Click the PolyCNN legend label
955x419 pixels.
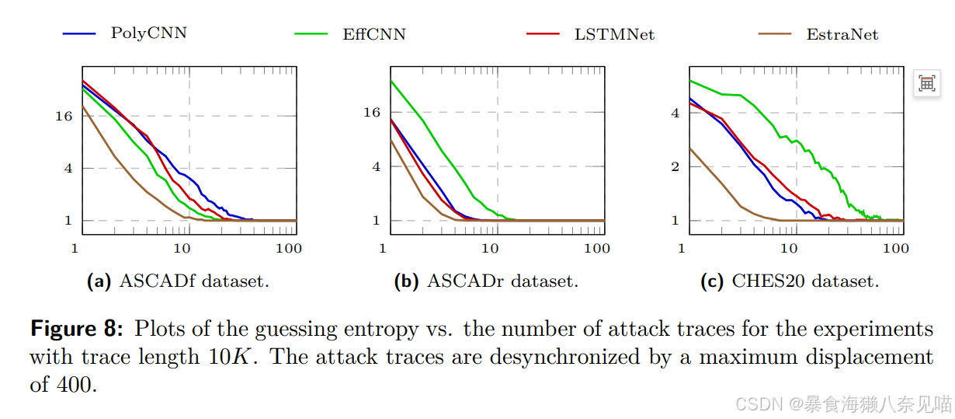[148, 33]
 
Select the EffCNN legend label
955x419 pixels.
[374, 34]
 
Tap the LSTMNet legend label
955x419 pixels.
[614, 34]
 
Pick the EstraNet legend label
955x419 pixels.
[842, 34]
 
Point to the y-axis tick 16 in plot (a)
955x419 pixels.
[64, 116]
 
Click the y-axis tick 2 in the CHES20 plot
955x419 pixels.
[675, 166]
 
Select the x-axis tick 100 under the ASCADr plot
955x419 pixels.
[596, 249]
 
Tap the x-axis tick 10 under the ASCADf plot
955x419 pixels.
[182, 249]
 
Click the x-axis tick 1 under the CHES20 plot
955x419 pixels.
[682, 249]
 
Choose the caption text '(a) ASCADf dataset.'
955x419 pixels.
[178, 281]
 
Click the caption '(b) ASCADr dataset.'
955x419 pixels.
[486, 281]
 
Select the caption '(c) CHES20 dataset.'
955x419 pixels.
[790, 281]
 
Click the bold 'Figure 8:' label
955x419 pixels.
[76, 329]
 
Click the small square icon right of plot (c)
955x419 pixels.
[926, 83]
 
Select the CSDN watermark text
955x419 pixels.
[842, 403]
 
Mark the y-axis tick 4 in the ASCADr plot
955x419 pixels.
[377, 166]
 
